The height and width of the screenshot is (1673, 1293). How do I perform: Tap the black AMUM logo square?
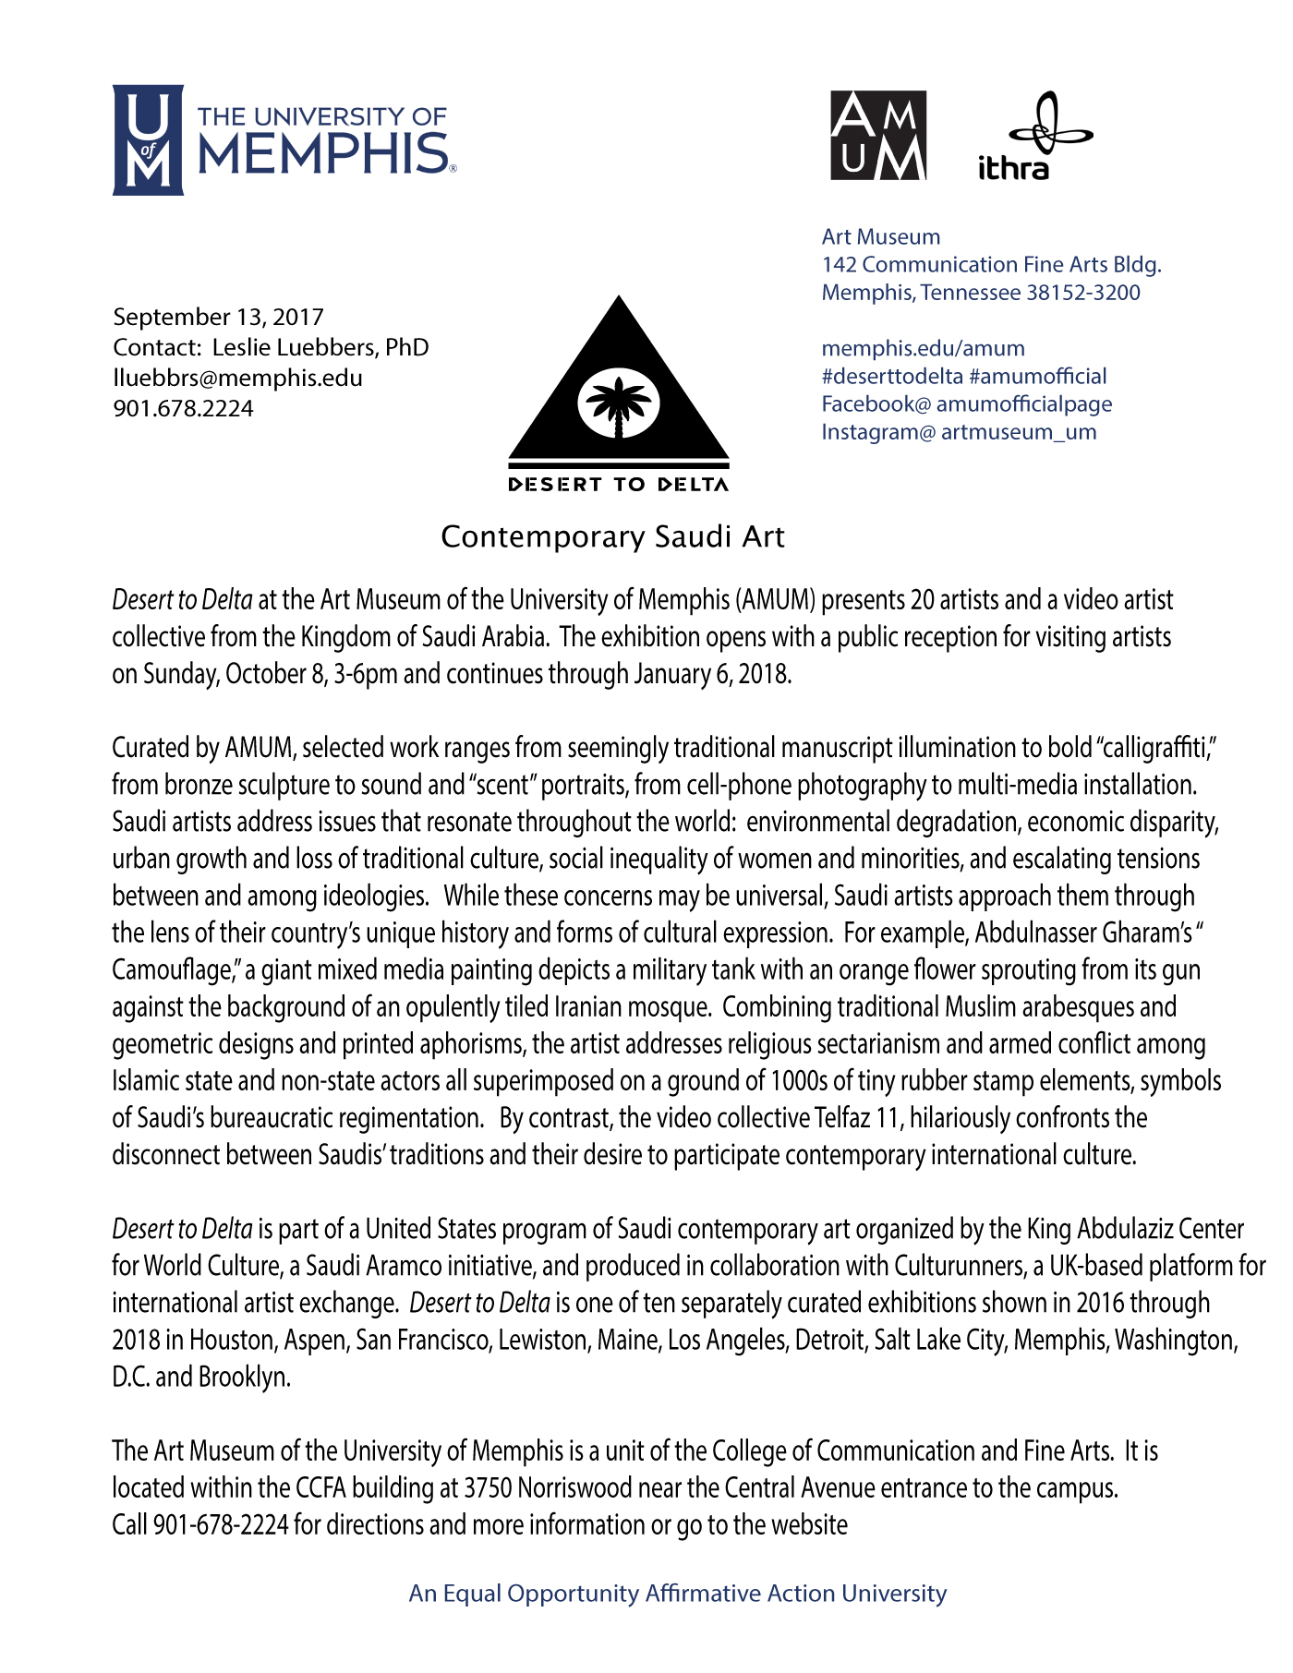tap(878, 136)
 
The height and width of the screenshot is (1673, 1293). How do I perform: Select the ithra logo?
tap(1033, 137)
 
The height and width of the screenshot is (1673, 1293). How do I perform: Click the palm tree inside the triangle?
tap(618, 405)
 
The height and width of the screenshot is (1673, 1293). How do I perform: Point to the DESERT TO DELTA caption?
tap(618, 485)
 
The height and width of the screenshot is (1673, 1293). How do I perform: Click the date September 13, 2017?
tap(218, 317)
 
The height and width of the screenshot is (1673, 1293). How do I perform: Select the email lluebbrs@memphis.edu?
tap(237, 378)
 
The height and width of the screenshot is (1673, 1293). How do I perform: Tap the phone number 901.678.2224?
tap(183, 408)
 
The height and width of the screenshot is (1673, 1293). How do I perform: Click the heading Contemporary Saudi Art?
tap(612, 536)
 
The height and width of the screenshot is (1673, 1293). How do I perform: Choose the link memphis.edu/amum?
tap(923, 348)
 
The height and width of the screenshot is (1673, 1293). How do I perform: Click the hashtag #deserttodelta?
tap(892, 376)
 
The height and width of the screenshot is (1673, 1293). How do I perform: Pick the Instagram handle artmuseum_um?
tap(1018, 431)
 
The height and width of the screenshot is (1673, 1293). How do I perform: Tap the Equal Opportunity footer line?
tap(678, 1594)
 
